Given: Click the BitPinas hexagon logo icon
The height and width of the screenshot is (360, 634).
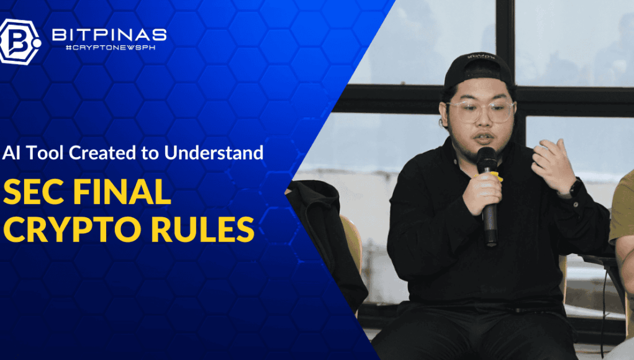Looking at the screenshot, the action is [19, 42].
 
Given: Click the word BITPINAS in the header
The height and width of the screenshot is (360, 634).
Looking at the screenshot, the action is [109, 35].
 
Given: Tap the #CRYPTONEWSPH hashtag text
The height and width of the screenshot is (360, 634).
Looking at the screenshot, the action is [111, 48].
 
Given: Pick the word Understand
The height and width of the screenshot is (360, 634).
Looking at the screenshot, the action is [214, 153].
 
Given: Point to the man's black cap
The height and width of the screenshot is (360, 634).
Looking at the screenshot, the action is [478, 69].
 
